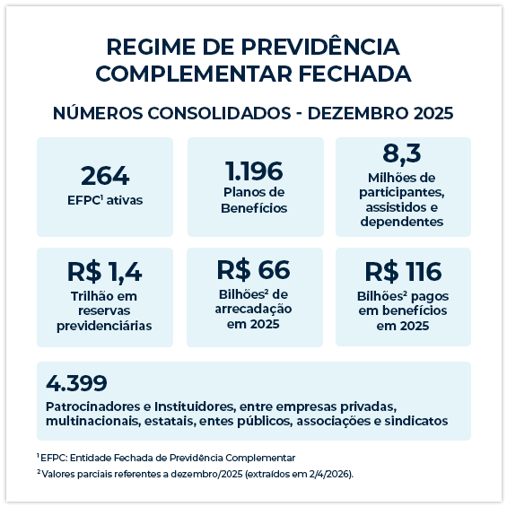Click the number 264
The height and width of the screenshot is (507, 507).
tap(105, 175)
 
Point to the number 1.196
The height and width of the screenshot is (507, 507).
tap(254, 170)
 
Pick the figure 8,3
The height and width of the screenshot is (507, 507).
tap(402, 153)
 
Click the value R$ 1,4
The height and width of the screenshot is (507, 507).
tap(105, 272)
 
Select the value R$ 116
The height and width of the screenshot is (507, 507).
tap(403, 272)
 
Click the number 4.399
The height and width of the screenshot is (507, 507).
tap(76, 383)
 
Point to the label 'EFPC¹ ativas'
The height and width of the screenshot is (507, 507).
tap(105, 200)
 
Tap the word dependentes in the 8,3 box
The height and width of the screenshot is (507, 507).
tap(403, 222)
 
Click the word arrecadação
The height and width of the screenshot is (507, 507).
tap(254, 308)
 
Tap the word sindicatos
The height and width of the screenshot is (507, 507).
tap(415, 421)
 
